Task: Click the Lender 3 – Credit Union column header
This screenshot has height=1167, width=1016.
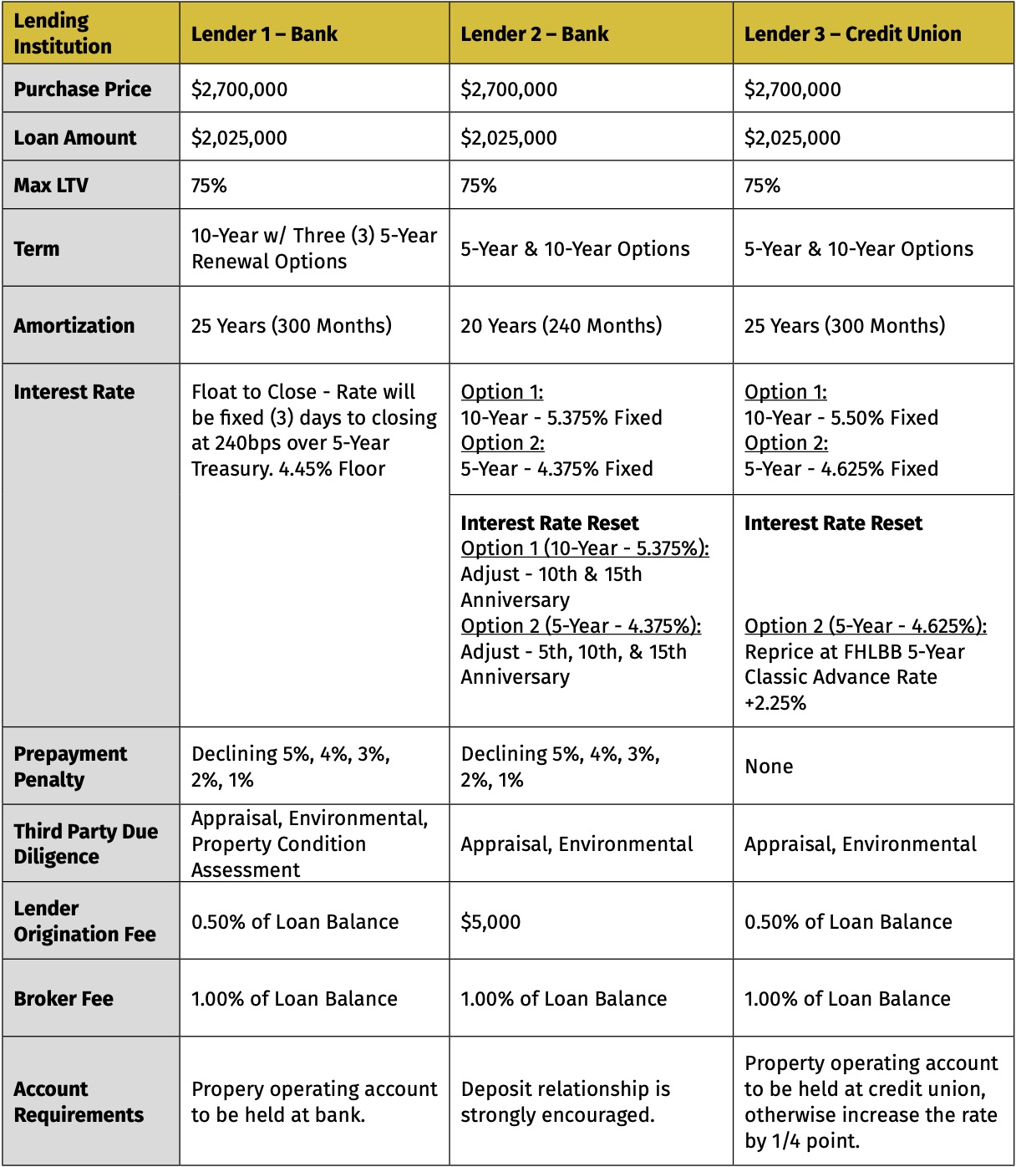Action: [x=852, y=34]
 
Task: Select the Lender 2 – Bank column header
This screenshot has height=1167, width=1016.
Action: [x=535, y=34]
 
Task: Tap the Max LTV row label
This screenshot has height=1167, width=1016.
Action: [x=51, y=186]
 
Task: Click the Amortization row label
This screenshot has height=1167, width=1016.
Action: [x=74, y=326]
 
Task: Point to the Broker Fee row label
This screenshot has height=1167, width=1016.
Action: [x=63, y=999]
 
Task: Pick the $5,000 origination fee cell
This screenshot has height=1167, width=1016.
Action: [x=490, y=922]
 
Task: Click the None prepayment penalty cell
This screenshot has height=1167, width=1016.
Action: [x=769, y=767]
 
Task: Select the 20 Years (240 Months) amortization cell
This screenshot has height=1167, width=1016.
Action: [x=561, y=326]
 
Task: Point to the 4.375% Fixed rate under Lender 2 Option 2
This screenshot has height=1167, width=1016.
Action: [x=595, y=469]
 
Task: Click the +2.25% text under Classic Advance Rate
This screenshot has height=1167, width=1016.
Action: [x=775, y=703]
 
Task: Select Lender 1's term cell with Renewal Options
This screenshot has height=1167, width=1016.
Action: [x=314, y=249]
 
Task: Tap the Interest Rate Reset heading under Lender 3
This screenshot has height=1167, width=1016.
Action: [x=833, y=523]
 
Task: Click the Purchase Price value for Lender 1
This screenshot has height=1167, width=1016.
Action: [x=239, y=89]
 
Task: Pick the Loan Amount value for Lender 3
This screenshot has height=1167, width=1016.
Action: [x=792, y=138]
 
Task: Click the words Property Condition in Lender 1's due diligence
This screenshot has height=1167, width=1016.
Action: [x=278, y=844]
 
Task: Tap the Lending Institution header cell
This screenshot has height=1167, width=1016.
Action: [x=63, y=33]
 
